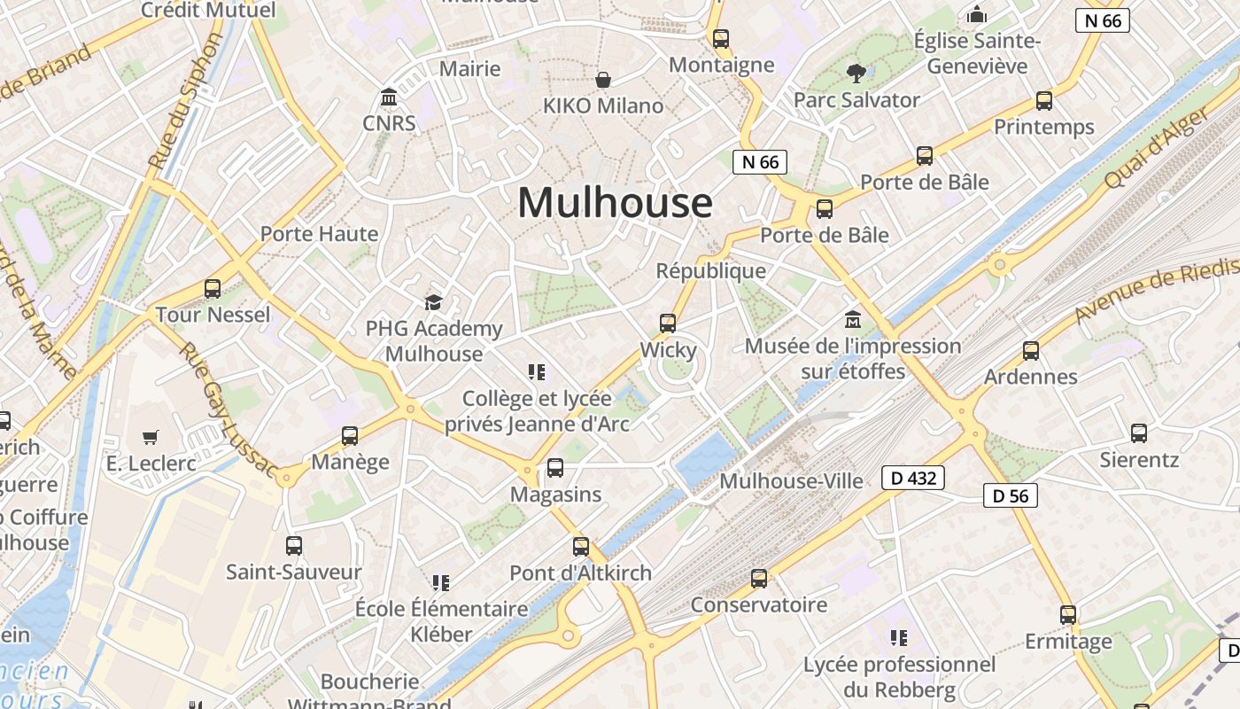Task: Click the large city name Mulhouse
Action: (615, 203)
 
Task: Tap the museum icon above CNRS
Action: (389, 96)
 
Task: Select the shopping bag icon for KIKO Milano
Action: (603, 80)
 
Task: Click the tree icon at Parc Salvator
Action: (856, 73)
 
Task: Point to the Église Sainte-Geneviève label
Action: (977, 53)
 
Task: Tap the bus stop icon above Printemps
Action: (1044, 101)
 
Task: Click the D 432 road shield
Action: (913, 479)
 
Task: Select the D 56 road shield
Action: (1010, 495)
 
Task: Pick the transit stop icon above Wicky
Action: (668, 323)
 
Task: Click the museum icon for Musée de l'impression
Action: (853, 319)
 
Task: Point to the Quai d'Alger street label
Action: (1155, 149)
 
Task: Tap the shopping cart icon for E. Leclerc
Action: (150, 437)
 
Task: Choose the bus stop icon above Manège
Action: (350, 436)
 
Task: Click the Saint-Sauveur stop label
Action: (294, 572)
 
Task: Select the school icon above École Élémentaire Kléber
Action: (441, 582)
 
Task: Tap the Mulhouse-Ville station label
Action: (791, 481)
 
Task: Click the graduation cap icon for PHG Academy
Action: (433, 303)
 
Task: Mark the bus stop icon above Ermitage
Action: (1068, 614)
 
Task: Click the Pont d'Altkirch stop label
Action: (580, 573)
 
